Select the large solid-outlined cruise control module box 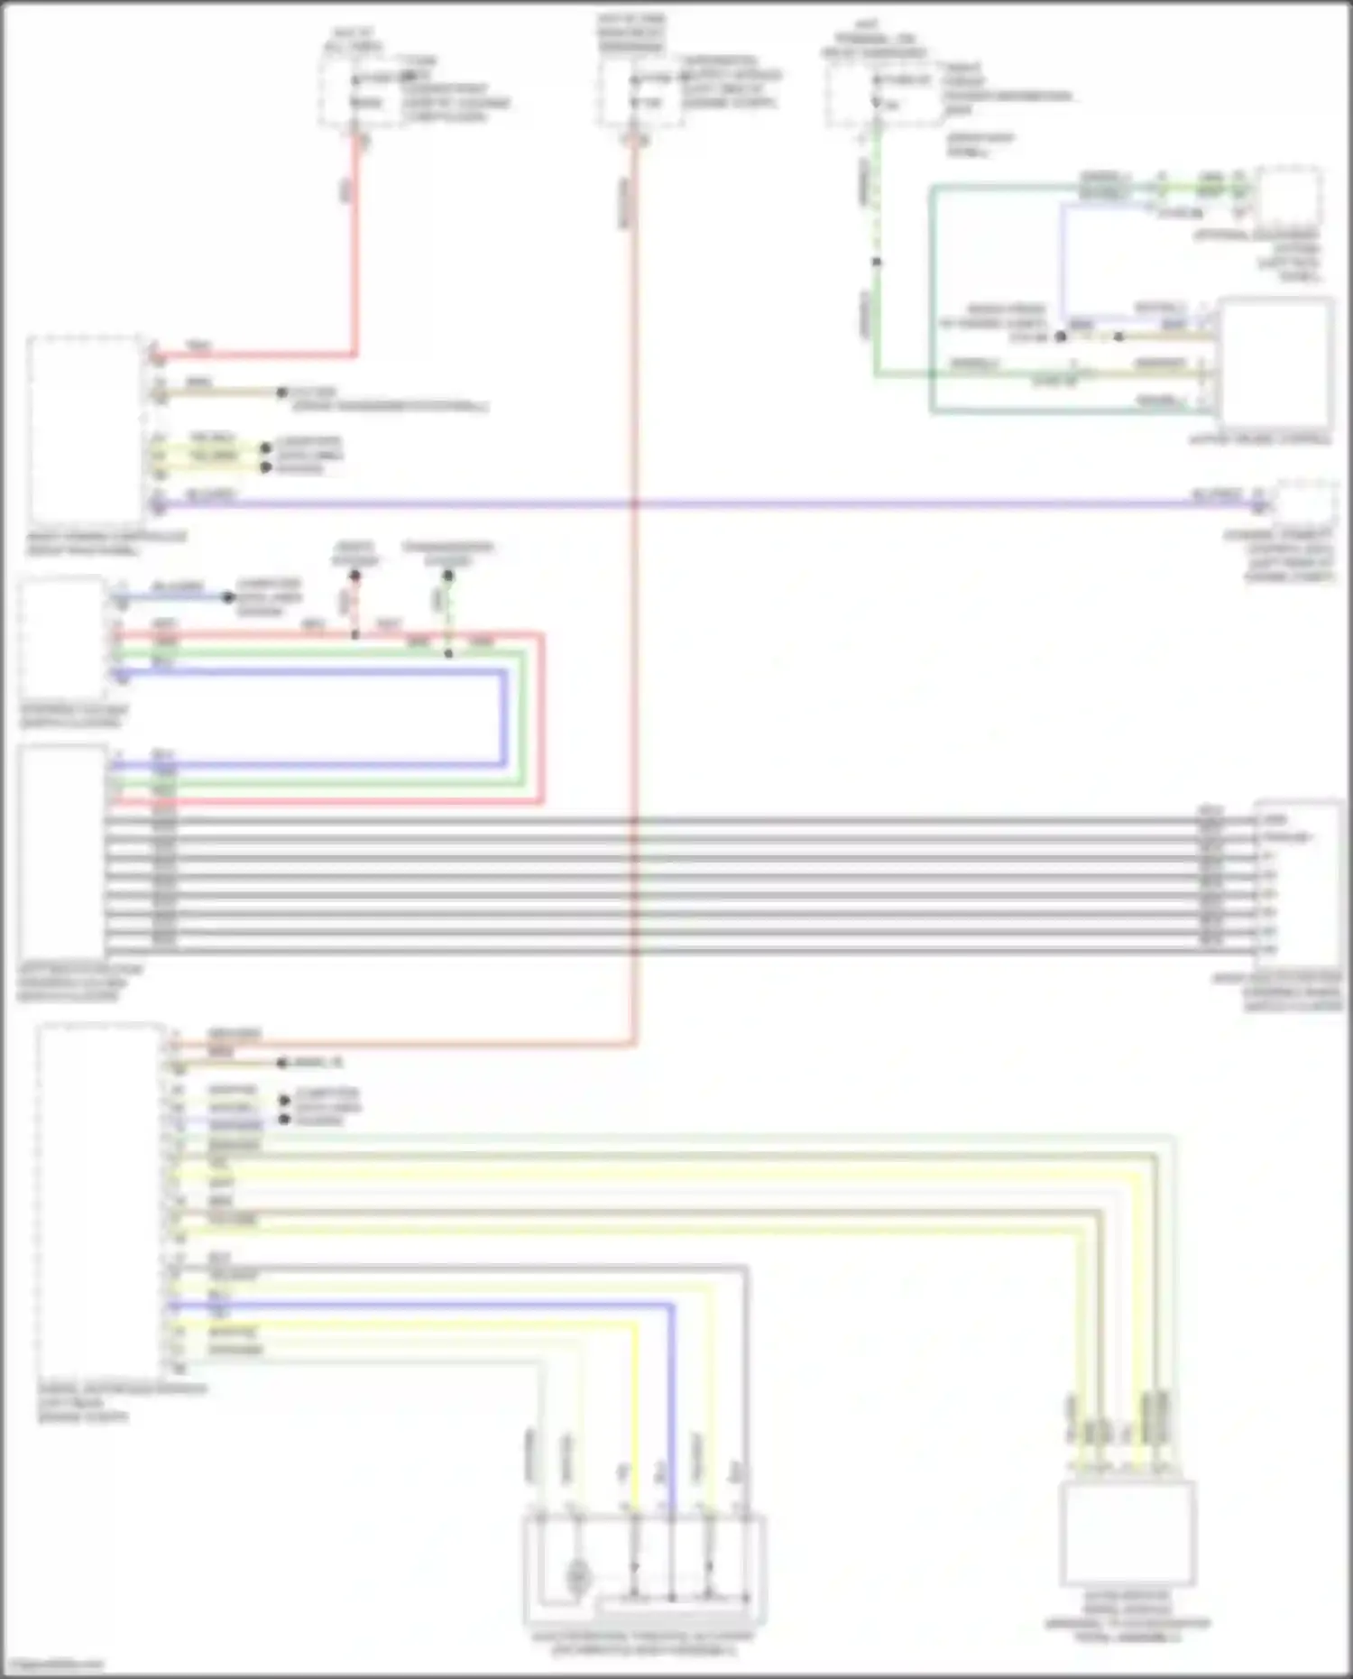click(1275, 361)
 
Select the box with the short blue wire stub click(61, 636)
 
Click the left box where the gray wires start click(61, 853)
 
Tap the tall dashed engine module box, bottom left click(100, 1200)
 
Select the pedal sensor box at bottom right click(1127, 1534)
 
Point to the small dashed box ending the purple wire click(1305, 503)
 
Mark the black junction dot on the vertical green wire click(876, 263)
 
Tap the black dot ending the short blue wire click(228, 597)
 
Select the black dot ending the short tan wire click(281, 392)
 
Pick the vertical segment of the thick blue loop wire click(503, 717)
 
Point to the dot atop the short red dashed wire click(354, 576)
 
